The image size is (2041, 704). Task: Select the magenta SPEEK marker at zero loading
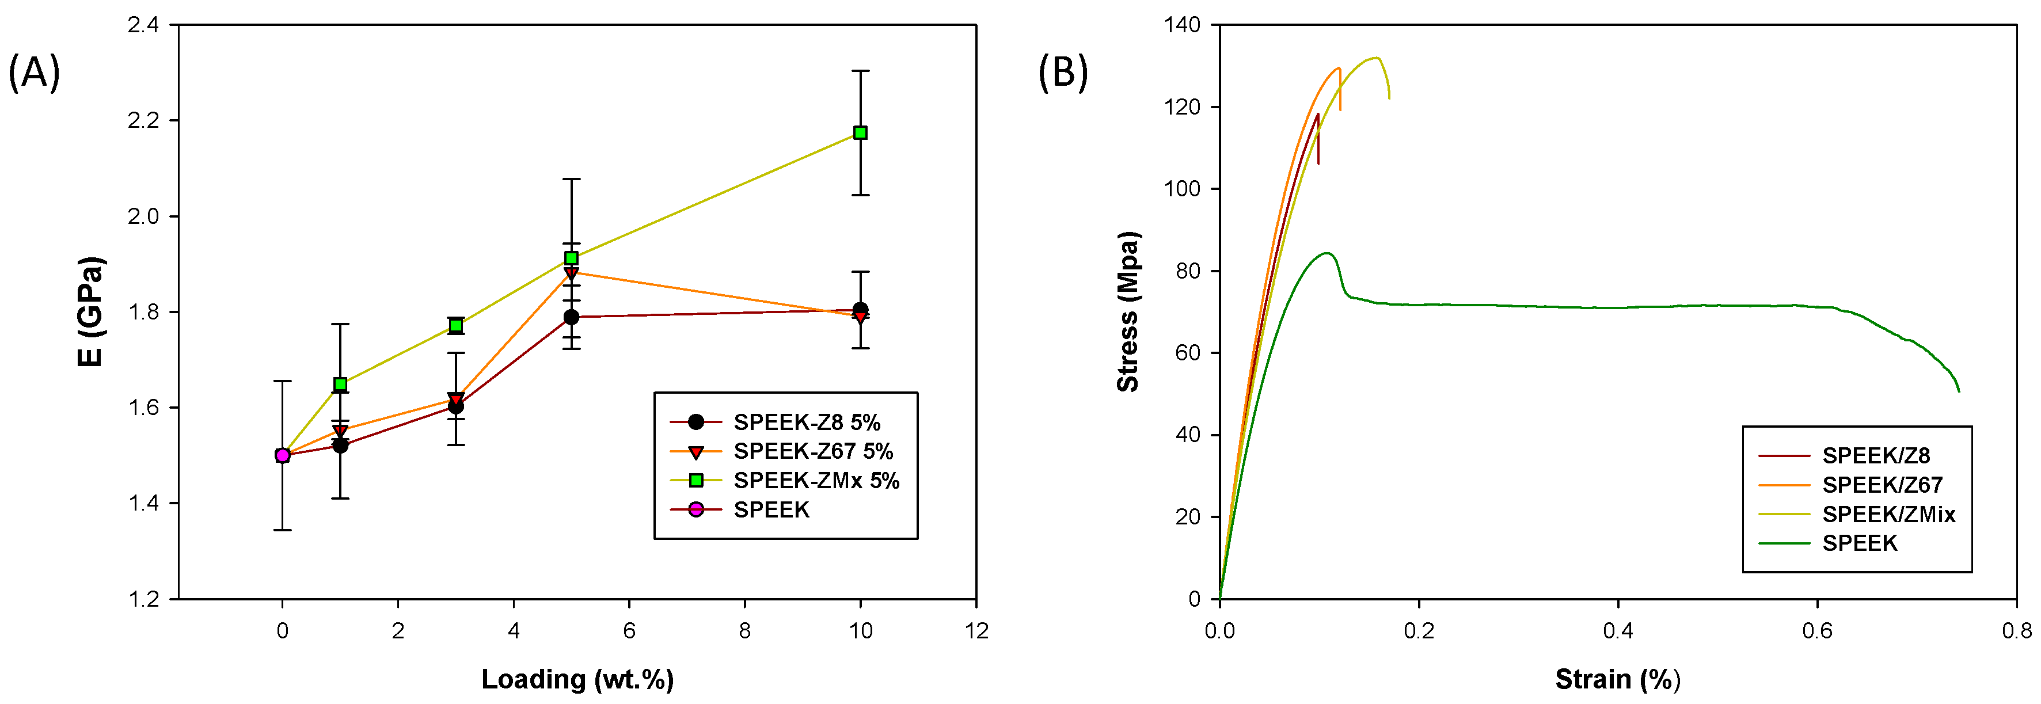[x=282, y=455]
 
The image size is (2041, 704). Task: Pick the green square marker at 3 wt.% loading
[x=455, y=325]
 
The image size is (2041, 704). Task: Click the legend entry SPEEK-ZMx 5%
[x=816, y=481]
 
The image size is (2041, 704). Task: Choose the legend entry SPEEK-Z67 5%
[x=813, y=451]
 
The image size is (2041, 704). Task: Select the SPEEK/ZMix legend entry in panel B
[x=1888, y=515]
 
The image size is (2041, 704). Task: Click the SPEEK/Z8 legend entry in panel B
[x=1875, y=456]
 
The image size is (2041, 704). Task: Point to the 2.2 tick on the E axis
[x=143, y=120]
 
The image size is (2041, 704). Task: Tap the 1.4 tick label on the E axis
[x=143, y=503]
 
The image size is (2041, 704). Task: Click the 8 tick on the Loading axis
[x=745, y=631]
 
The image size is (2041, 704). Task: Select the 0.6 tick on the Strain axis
[x=1818, y=631]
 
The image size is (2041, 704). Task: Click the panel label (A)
[x=34, y=73]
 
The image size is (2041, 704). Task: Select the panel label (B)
[x=1062, y=73]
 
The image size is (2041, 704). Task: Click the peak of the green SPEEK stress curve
[x=1325, y=253]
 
